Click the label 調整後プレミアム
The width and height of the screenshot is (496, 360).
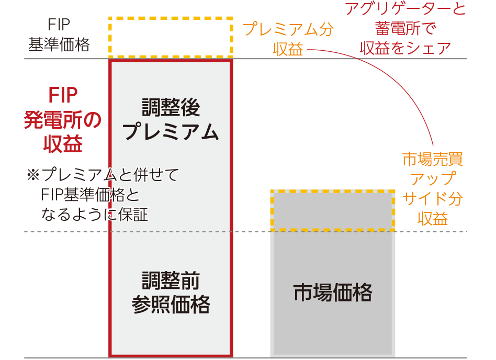pos(171,120)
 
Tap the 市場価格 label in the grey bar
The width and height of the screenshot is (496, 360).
pos(333,292)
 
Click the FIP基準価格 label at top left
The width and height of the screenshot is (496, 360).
pos(59,35)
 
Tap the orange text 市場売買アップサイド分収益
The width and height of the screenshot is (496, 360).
pos(433,188)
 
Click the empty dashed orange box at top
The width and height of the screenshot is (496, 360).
pos(171,37)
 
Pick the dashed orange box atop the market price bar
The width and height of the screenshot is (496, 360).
pos(333,211)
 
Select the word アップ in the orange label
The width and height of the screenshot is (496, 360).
pos(433,178)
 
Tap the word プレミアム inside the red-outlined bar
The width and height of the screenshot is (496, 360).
pos(171,132)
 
